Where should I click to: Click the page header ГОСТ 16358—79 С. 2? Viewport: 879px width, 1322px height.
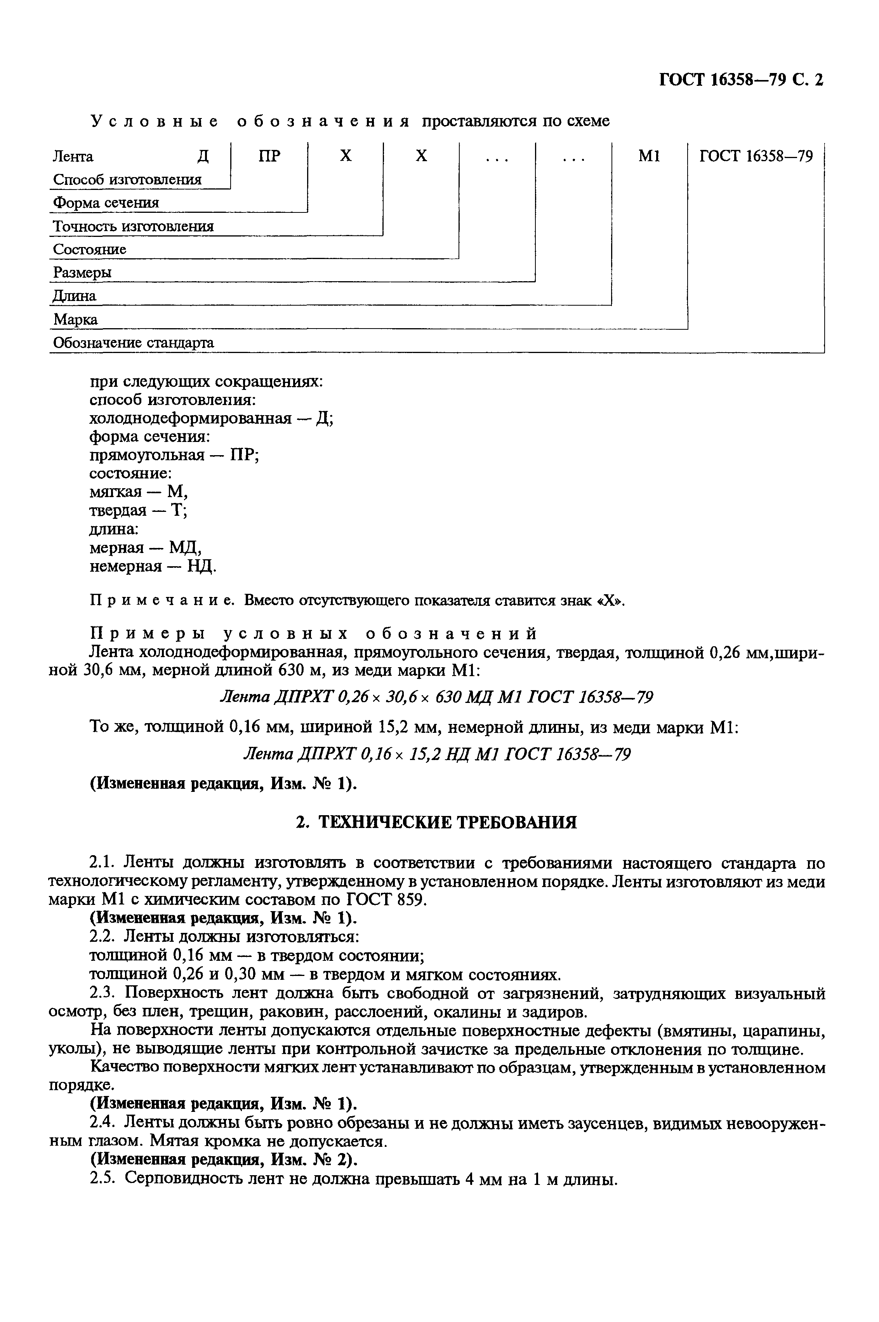click(x=740, y=80)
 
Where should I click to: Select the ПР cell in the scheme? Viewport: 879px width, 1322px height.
click(x=270, y=156)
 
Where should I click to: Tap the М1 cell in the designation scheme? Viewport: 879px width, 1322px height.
click(x=649, y=156)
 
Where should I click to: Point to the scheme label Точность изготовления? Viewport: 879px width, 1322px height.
click(x=134, y=226)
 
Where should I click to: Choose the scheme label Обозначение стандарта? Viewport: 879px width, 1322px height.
click(x=134, y=343)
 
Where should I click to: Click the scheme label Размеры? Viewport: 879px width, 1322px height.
click(x=82, y=273)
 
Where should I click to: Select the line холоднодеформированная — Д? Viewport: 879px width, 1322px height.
click(x=211, y=419)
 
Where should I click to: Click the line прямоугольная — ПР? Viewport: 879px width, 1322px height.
click(x=174, y=455)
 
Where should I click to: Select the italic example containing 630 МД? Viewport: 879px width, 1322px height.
click(x=436, y=698)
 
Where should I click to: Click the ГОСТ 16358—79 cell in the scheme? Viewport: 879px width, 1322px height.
click(x=756, y=156)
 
